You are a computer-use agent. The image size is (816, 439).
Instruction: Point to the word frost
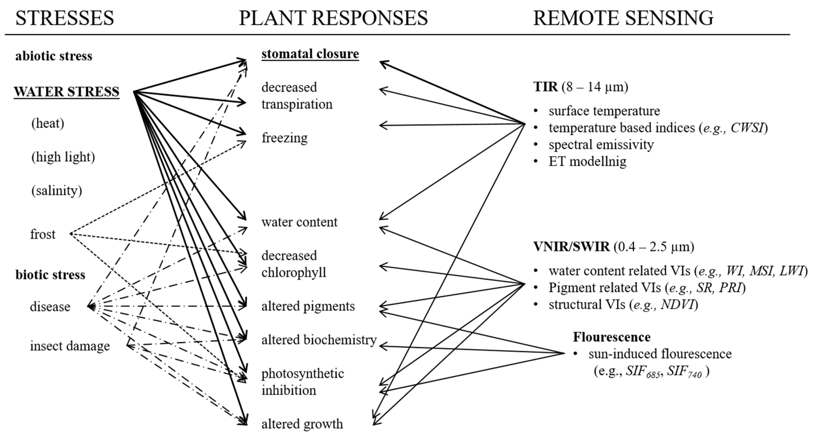pyautogui.click(x=43, y=235)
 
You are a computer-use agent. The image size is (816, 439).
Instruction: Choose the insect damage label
pyautogui.click(x=70, y=346)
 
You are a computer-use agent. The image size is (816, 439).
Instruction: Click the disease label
pyautogui.click(x=50, y=307)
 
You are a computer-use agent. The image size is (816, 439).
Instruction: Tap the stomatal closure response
pyautogui.click(x=310, y=54)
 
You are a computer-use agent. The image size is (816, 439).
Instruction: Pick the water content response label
pyautogui.click(x=299, y=222)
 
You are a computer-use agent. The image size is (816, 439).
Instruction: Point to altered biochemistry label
pyautogui.click(x=319, y=340)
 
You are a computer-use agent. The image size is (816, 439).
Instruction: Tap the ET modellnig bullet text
pyautogui.click(x=587, y=162)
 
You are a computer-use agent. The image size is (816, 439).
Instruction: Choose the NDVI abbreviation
pyautogui.click(x=677, y=305)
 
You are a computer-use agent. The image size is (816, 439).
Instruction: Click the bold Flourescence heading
pyautogui.click(x=612, y=337)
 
